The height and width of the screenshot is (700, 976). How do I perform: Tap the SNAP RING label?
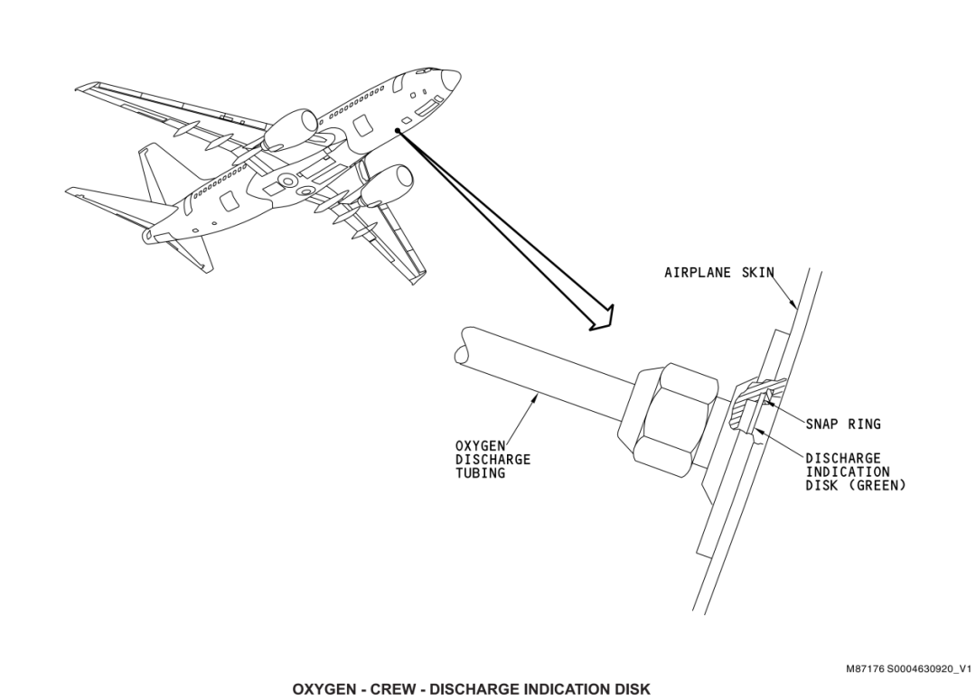pos(843,423)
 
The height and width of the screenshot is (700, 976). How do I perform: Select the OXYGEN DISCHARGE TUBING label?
pos(493,459)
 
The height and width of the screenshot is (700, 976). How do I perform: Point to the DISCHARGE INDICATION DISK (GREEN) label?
pos(856,471)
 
